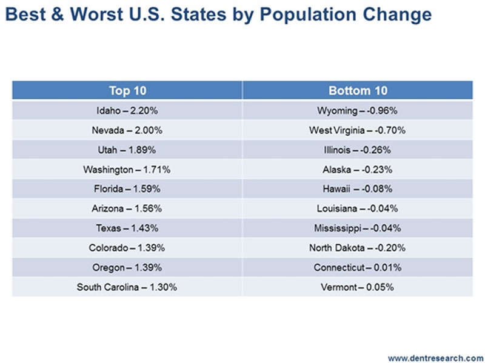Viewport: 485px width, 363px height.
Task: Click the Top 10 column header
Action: pyautogui.click(x=127, y=91)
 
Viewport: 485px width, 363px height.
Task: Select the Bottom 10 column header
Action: pyautogui.click(x=358, y=91)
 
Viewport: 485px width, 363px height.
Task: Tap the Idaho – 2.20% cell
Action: pyautogui.click(x=127, y=111)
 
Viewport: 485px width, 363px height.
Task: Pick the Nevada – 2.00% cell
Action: pyautogui.click(x=127, y=130)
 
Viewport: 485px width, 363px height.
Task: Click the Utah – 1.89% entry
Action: pyautogui.click(x=127, y=150)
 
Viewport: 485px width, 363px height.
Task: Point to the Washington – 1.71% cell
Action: pyautogui.click(x=127, y=170)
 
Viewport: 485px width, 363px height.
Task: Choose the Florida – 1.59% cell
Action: pyautogui.click(x=127, y=189)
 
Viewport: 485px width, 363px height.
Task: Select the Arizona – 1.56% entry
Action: pyautogui.click(x=127, y=208)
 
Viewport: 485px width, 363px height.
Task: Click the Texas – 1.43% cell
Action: pyautogui.click(x=127, y=228)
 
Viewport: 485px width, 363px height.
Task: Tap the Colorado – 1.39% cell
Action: pyautogui.click(x=127, y=248)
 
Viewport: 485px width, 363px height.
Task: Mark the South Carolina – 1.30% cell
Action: pyautogui.click(x=127, y=287)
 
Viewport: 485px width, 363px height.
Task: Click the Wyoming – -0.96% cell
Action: pyautogui.click(x=358, y=111)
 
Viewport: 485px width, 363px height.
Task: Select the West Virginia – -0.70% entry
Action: pyautogui.click(x=358, y=130)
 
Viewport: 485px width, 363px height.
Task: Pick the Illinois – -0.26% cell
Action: pyautogui.click(x=358, y=150)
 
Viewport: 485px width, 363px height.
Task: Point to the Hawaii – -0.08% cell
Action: pyautogui.click(x=358, y=189)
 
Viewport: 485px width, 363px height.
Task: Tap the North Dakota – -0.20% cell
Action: pyautogui.click(x=358, y=248)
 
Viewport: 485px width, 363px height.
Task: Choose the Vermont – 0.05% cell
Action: pyautogui.click(x=358, y=287)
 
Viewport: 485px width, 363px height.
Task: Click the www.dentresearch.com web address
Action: pyautogui.click(x=435, y=357)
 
